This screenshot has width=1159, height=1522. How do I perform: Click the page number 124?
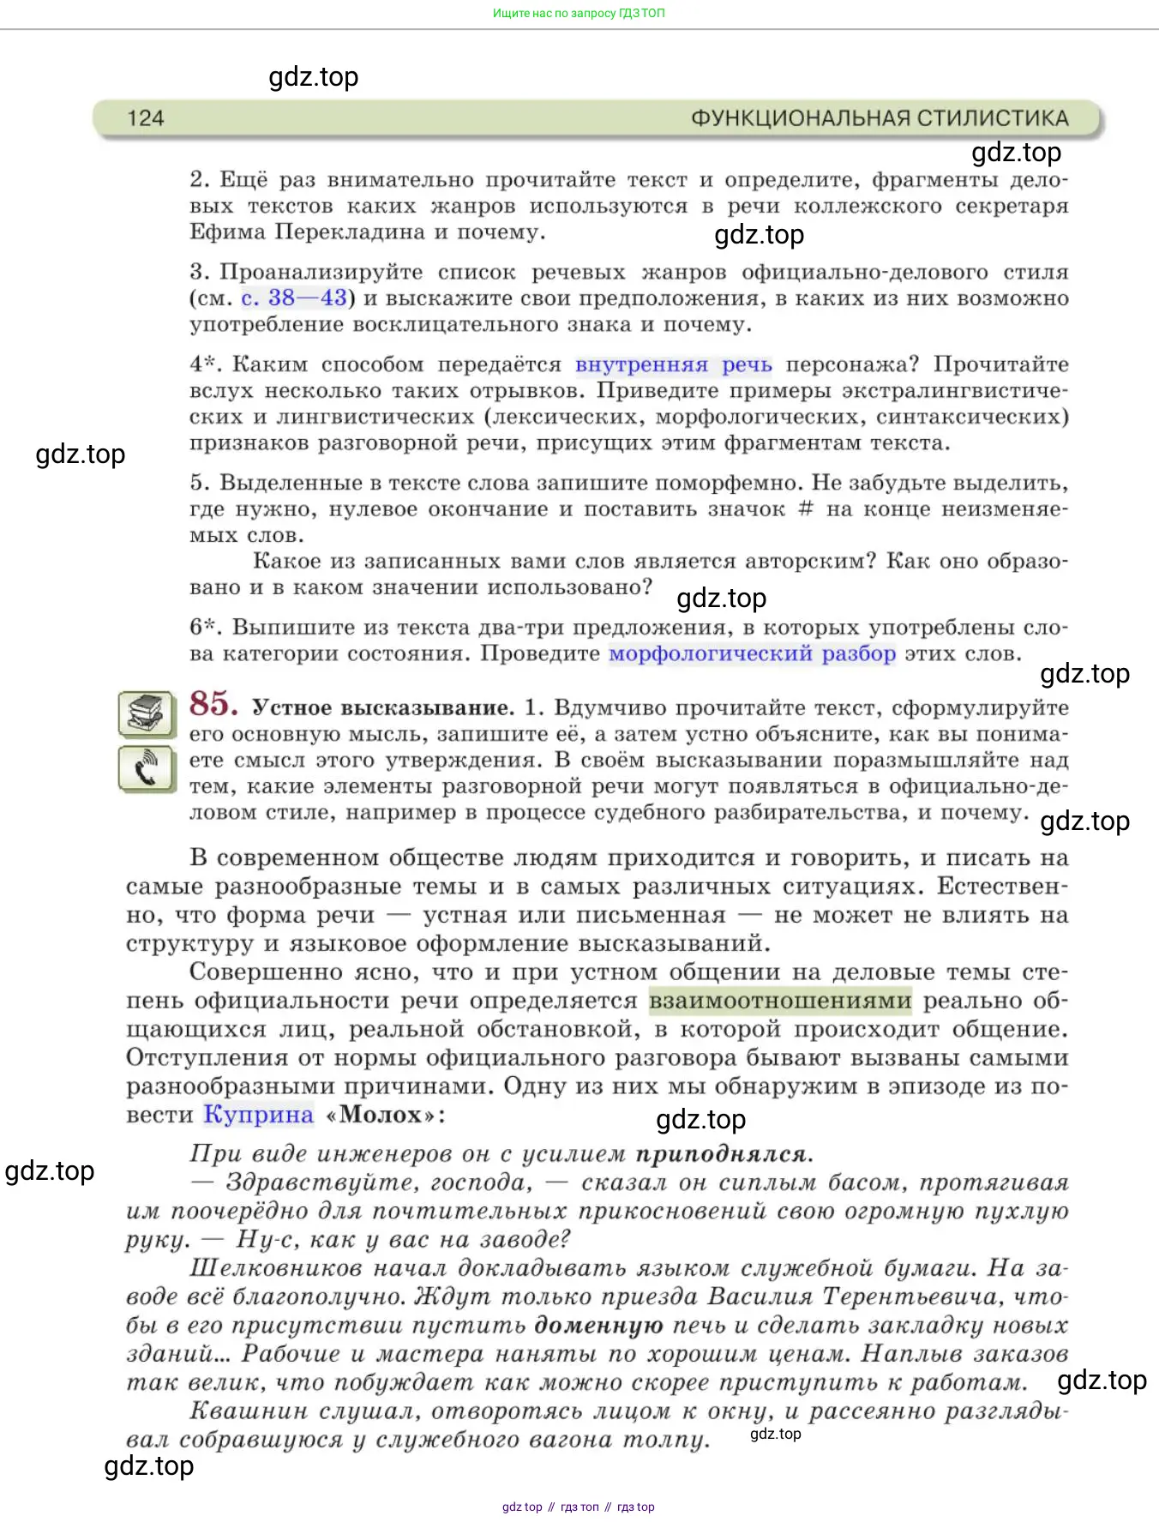click(145, 118)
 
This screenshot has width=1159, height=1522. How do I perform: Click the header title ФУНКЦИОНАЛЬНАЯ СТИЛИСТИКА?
click(880, 118)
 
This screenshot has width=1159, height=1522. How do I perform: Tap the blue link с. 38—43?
click(294, 298)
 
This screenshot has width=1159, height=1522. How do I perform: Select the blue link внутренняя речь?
click(673, 365)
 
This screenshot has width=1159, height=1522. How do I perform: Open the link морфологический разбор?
click(752, 654)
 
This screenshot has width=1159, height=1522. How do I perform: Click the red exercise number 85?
click(213, 704)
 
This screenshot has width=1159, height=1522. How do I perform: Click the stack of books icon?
click(147, 713)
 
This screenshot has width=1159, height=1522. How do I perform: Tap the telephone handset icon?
click(147, 768)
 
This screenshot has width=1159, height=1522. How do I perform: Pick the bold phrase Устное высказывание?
click(382, 708)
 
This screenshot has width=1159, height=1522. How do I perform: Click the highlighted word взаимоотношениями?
click(780, 1002)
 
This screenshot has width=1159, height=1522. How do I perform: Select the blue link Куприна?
click(258, 1115)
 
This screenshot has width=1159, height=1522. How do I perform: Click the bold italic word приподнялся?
click(724, 1154)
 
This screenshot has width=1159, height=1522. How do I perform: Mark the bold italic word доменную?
click(598, 1326)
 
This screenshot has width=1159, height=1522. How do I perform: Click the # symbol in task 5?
click(805, 509)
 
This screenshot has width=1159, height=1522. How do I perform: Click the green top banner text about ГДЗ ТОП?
click(579, 13)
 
